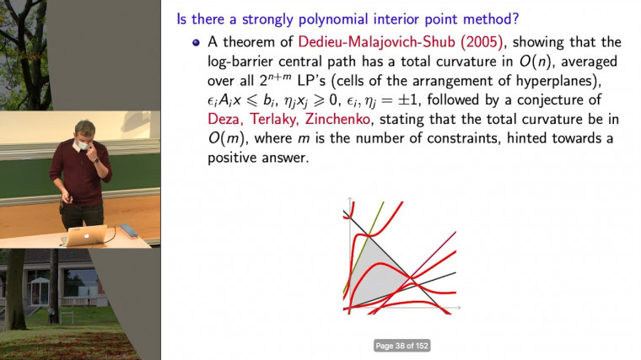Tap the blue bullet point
pyautogui.click(x=197, y=43)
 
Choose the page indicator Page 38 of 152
pyautogui.click(x=402, y=346)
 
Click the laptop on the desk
pyautogui.click(x=89, y=236)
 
